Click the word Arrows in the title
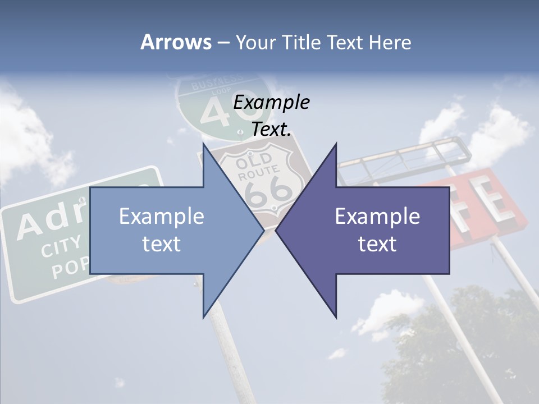point(176,42)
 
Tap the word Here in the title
point(390,42)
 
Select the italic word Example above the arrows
point(271,103)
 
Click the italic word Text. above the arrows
point(271,129)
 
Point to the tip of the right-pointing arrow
point(263,229)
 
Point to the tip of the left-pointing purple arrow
point(276,229)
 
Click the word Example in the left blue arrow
point(162,216)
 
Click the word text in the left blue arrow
point(162,244)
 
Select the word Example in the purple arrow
point(377,216)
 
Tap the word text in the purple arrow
point(377,244)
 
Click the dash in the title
point(222,43)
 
